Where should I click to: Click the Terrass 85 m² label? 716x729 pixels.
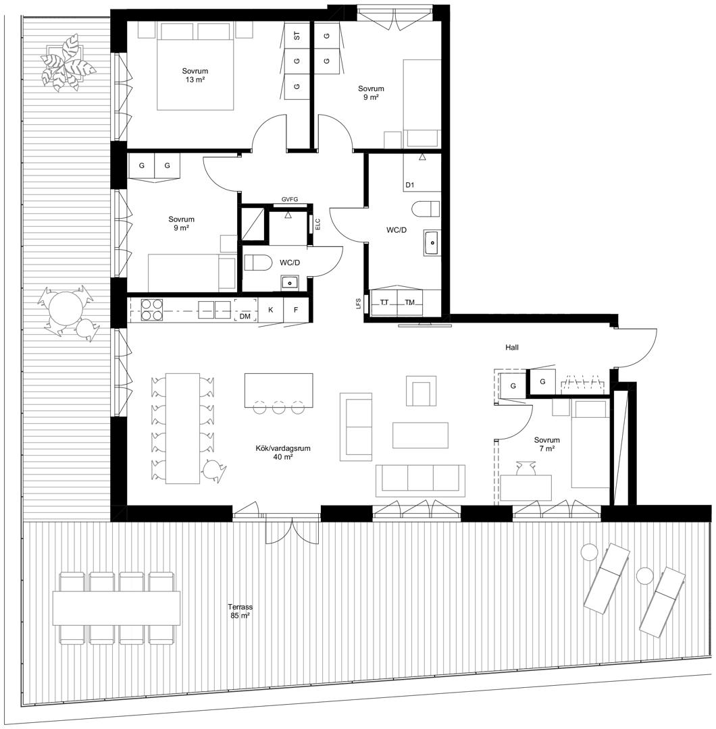240,611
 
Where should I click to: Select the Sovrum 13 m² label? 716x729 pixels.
195,76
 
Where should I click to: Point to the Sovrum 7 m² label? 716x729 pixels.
546,444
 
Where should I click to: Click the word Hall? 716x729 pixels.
512,348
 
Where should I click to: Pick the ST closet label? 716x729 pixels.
297,36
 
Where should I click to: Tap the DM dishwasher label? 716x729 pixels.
245,316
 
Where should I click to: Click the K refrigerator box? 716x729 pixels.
271,309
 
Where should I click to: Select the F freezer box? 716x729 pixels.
296,309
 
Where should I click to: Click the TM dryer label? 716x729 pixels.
409,302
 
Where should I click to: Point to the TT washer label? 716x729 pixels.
384,302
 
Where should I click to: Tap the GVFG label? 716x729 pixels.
289,199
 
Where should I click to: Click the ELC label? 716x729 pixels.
318,225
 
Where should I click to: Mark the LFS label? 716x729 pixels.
358,304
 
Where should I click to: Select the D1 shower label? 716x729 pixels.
409,185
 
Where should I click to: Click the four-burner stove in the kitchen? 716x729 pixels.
152,310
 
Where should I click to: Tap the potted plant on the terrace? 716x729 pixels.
68,63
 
